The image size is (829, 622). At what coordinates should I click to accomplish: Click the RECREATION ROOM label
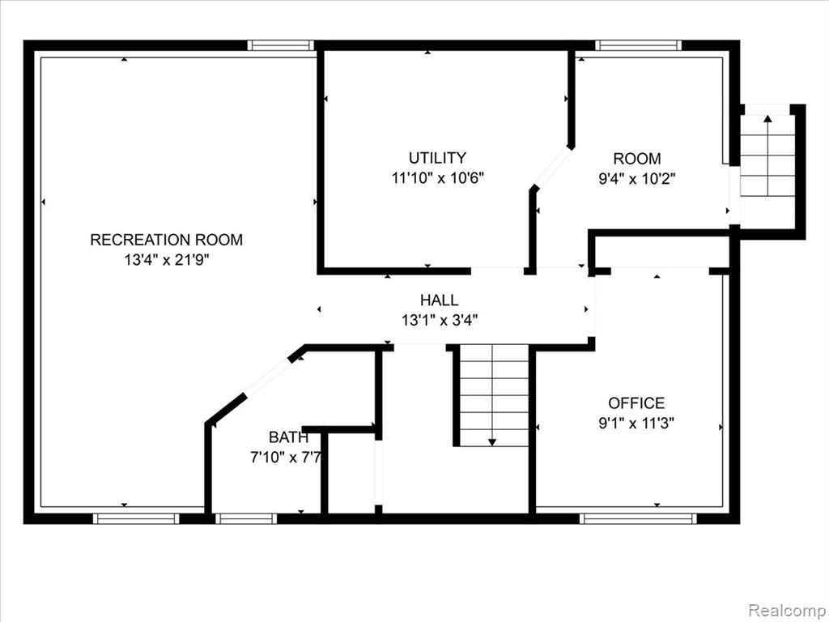167,240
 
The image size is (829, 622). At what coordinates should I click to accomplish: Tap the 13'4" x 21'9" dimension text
167,260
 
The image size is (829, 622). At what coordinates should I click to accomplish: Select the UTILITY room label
438,158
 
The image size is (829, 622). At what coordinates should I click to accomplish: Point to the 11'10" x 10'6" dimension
438,177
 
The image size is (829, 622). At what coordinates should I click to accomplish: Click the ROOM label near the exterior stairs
637,159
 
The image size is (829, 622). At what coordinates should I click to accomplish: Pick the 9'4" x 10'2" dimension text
637,179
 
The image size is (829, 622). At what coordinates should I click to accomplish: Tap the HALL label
440,300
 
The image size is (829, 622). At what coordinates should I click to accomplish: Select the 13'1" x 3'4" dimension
440,320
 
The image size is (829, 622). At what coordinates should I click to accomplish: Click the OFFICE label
636,403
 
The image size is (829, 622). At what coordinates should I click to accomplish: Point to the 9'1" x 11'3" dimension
636,423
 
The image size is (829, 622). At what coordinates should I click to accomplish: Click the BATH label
288,437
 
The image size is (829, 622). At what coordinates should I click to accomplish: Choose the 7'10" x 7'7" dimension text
286,457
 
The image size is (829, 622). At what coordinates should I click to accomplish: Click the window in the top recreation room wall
281,45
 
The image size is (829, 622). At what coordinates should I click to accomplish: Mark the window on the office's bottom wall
638,518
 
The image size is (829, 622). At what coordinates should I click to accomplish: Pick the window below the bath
246,518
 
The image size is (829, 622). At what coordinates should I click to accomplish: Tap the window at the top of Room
638,45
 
